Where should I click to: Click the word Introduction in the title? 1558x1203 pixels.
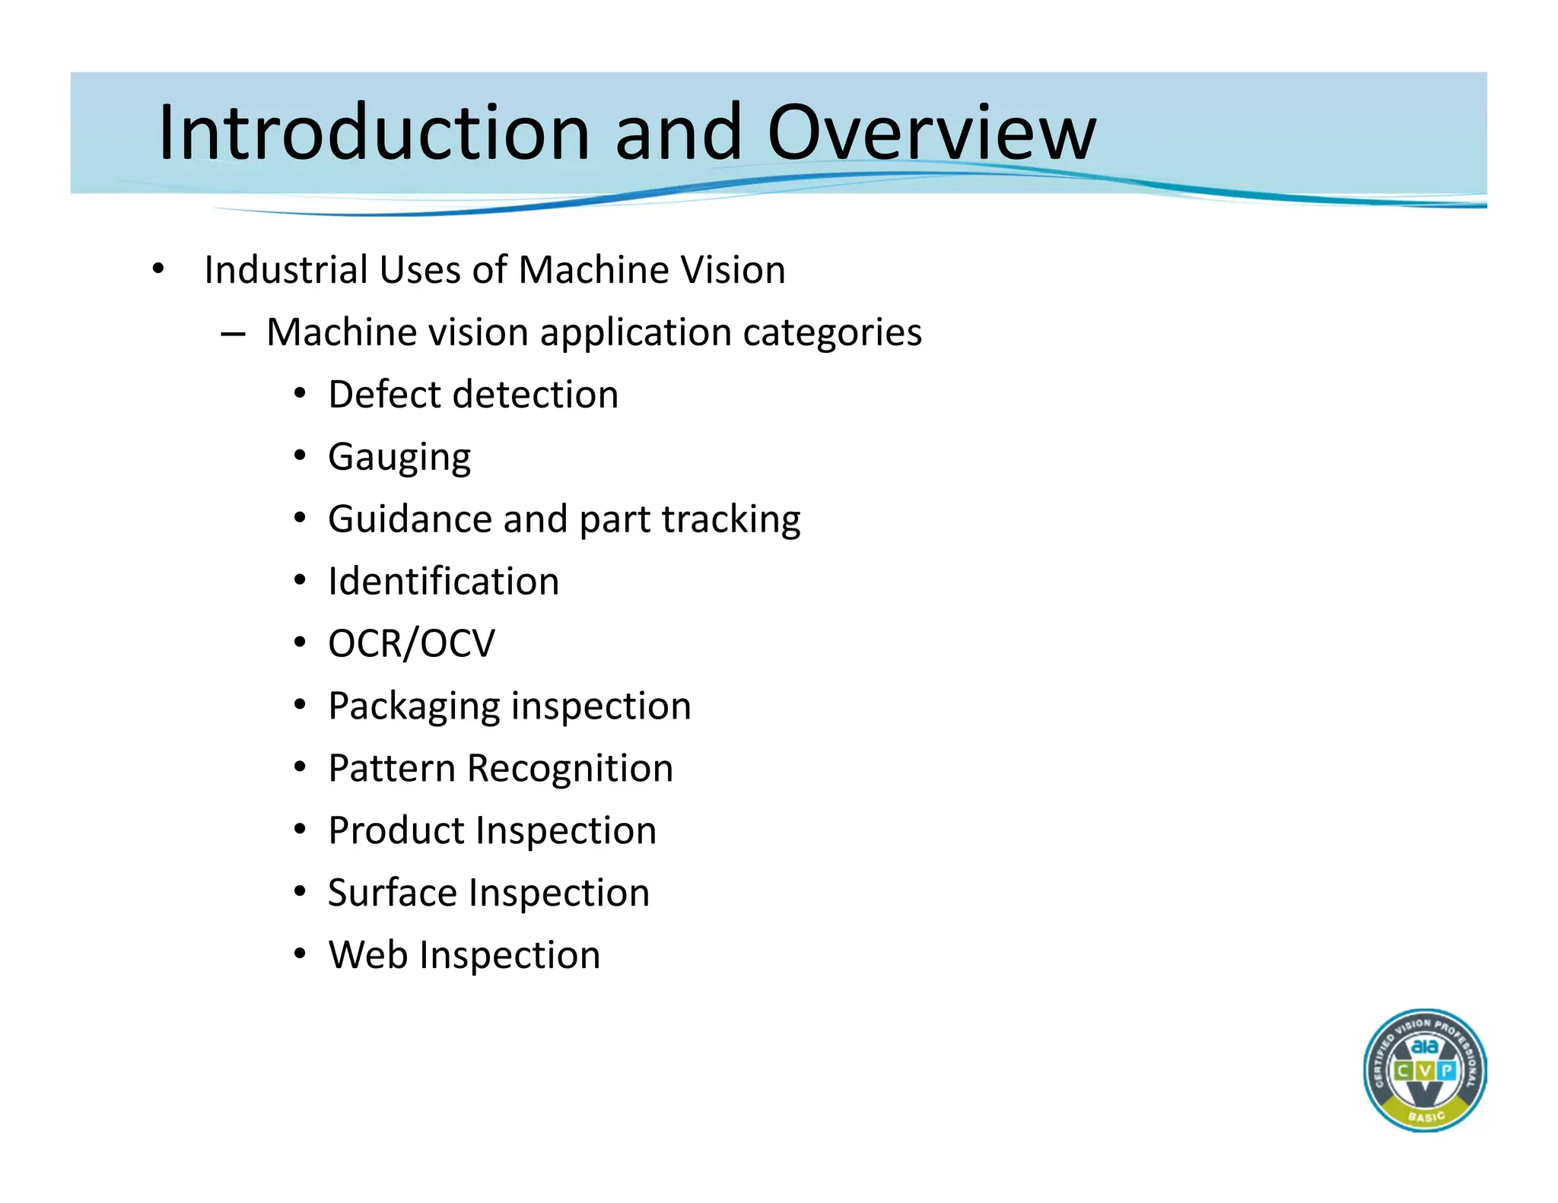point(374,133)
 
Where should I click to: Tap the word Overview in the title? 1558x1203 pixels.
point(931,133)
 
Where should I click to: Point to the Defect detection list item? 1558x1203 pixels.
point(472,395)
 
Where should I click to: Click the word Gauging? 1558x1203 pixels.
point(399,458)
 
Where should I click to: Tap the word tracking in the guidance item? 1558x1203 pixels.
point(730,520)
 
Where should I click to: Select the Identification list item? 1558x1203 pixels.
point(443,582)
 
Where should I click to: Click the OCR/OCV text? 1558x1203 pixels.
point(411,644)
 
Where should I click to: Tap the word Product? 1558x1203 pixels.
point(396,830)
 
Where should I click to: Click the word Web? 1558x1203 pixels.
point(367,955)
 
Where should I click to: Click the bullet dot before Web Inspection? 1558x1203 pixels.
point(300,954)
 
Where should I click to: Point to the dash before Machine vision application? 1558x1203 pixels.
point(233,335)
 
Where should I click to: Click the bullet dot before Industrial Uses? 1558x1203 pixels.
point(157,269)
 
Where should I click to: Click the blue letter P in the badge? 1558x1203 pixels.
point(1447,1071)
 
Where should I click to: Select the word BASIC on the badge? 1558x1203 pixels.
point(1426,1116)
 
